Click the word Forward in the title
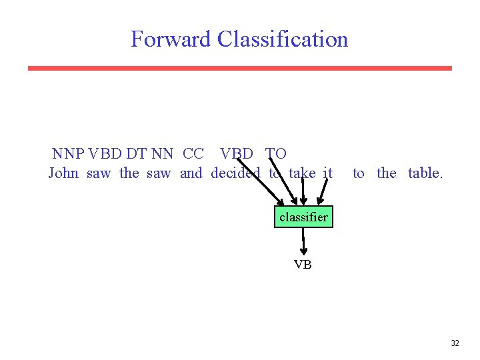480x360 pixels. point(171,39)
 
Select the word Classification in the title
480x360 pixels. point(283,39)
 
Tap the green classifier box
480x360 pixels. point(303,217)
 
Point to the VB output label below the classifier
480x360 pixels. point(303,265)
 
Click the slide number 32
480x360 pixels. point(455,343)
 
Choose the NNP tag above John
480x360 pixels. point(68,154)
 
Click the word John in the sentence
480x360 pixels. point(63,173)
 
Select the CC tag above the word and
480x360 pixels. point(193,154)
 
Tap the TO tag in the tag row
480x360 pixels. point(276,154)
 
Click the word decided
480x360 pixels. point(235,173)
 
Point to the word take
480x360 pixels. point(302,173)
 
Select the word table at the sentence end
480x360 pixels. point(425,173)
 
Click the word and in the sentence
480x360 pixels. point(191,173)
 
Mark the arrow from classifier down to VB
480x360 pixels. point(303,242)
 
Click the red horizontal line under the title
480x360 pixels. point(240,68)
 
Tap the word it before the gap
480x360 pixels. point(327,173)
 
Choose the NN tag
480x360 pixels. point(162,154)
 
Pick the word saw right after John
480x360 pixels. point(99,173)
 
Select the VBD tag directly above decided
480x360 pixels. point(237,154)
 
